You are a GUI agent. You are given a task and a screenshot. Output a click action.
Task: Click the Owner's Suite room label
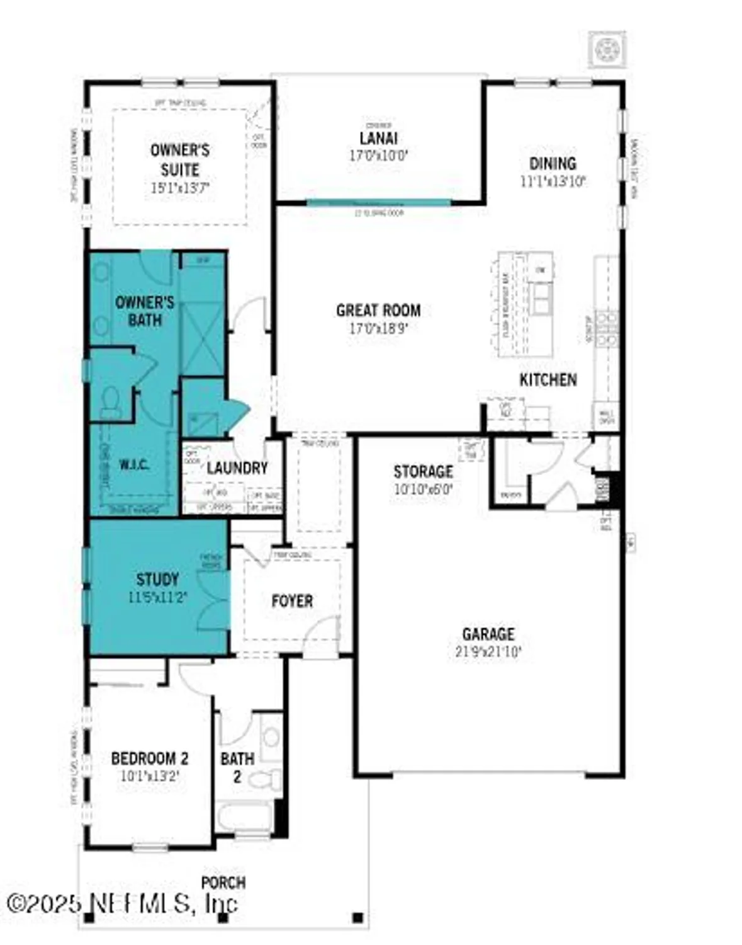[180, 160]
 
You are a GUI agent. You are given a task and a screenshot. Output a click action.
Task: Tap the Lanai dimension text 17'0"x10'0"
[378, 156]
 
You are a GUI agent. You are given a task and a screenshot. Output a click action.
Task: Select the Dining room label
[553, 164]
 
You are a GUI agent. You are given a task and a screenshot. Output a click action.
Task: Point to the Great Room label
[378, 310]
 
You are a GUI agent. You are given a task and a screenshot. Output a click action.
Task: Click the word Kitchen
[548, 379]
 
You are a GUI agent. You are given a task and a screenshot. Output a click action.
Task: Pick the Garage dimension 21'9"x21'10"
[488, 651]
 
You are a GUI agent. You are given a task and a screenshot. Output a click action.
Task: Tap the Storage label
[423, 471]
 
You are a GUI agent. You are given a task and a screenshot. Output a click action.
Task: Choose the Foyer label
[292, 601]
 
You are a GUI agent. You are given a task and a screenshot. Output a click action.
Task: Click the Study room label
[157, 579]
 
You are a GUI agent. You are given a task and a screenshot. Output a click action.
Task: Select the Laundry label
[237, 467]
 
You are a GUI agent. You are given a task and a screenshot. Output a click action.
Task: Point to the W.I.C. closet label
[134, 466]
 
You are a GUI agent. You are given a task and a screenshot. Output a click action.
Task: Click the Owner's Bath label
[145, 311]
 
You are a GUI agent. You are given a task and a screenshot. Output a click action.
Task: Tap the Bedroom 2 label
[150, 758]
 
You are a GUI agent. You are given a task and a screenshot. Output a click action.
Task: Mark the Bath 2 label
[237, 767]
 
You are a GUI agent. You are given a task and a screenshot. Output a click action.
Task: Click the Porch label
[223, 883]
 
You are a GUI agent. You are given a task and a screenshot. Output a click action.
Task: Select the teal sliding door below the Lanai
[378, 203]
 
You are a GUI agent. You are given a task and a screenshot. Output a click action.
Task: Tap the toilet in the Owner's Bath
[111, 402]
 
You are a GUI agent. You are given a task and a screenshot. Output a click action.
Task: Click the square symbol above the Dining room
[607, 49]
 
